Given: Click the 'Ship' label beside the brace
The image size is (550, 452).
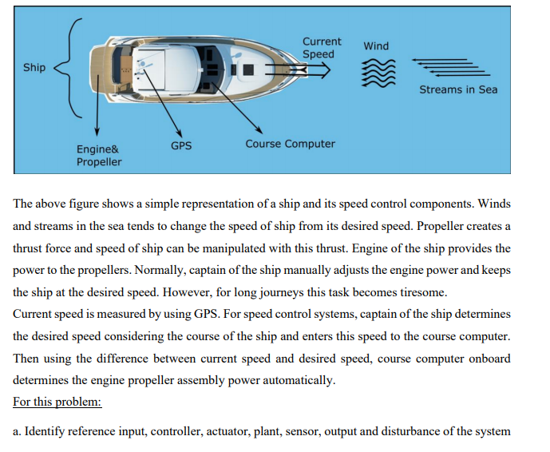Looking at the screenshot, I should coord(34,67).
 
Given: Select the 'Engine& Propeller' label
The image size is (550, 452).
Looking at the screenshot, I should coord(99,156).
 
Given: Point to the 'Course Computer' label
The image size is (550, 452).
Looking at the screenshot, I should coord(290,144).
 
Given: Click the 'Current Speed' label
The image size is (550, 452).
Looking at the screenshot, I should coord(322,48).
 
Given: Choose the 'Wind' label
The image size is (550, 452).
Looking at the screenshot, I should coord(376,46).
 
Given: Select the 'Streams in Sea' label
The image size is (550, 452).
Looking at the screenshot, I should coord(458,89).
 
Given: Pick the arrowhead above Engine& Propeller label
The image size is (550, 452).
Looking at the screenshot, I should coord(97,133).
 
